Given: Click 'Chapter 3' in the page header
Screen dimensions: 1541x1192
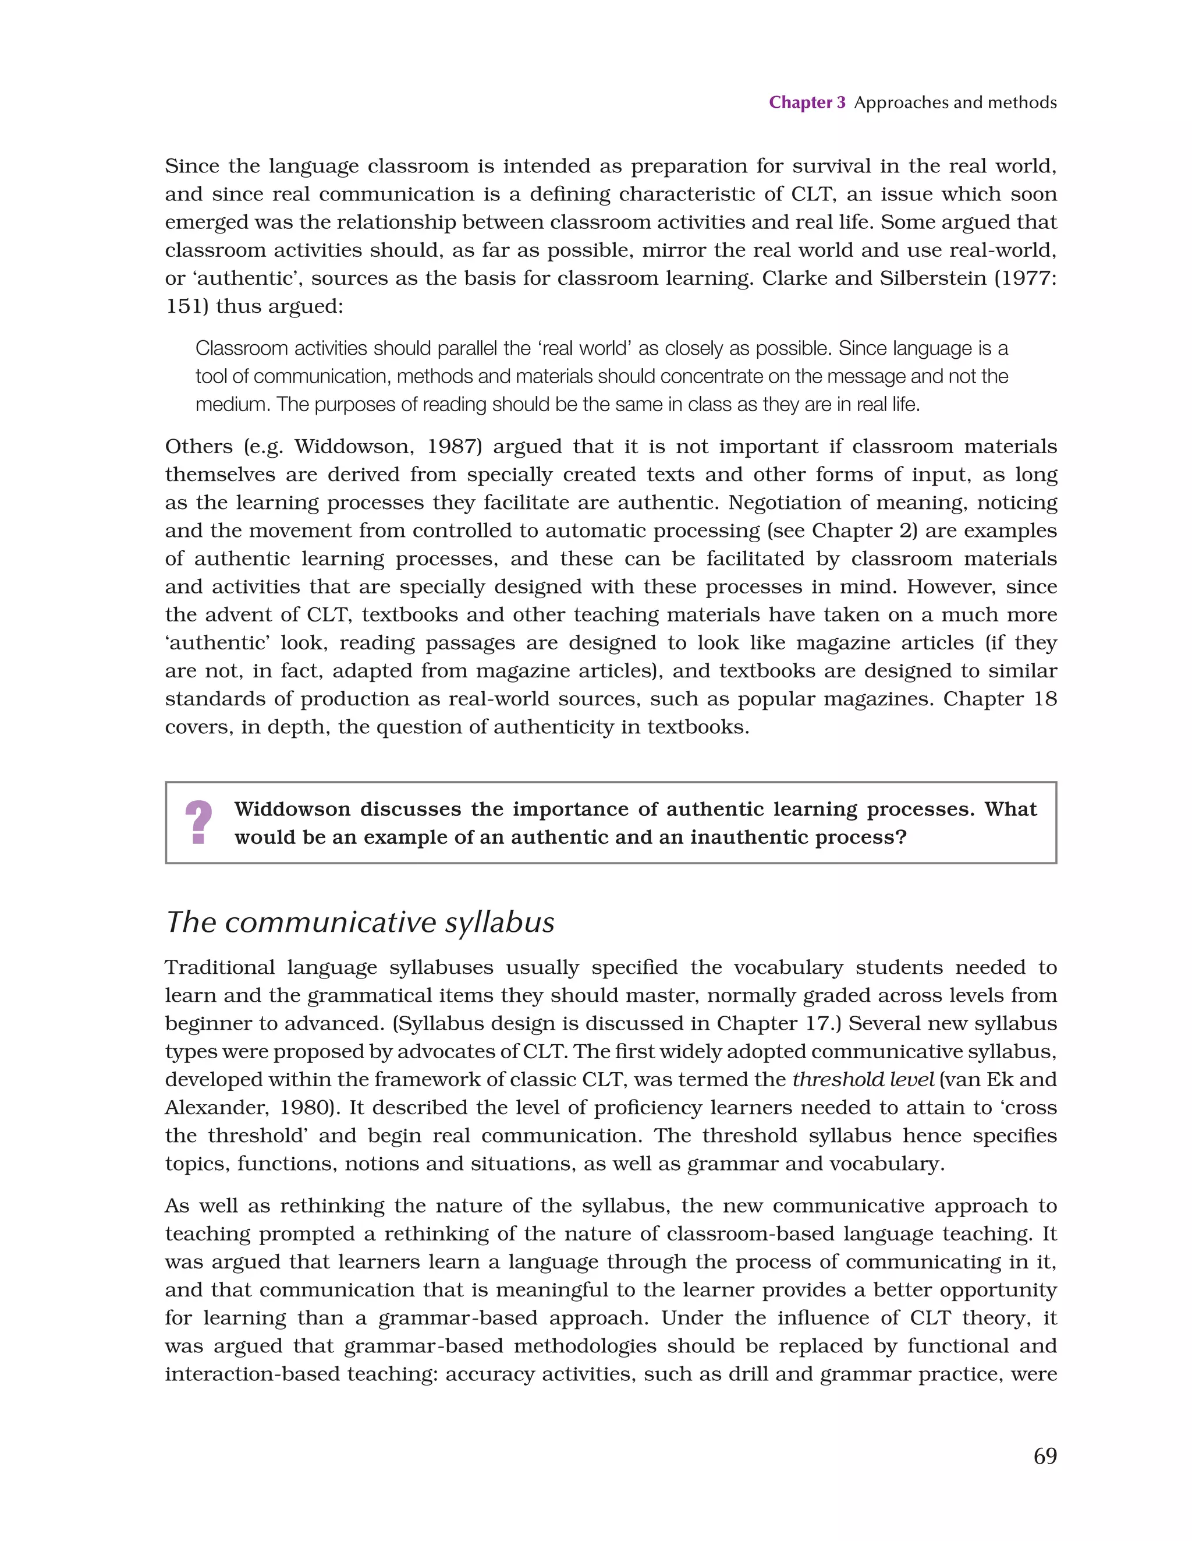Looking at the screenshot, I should tap(806, 103).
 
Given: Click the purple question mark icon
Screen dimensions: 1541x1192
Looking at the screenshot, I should tap(198, 822).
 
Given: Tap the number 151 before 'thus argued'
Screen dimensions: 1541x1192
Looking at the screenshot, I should tap(183, 306).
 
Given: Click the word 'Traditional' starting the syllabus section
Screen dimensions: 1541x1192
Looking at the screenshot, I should tap(219, 967).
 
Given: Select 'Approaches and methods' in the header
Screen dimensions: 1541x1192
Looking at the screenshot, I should tap(955, 103).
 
